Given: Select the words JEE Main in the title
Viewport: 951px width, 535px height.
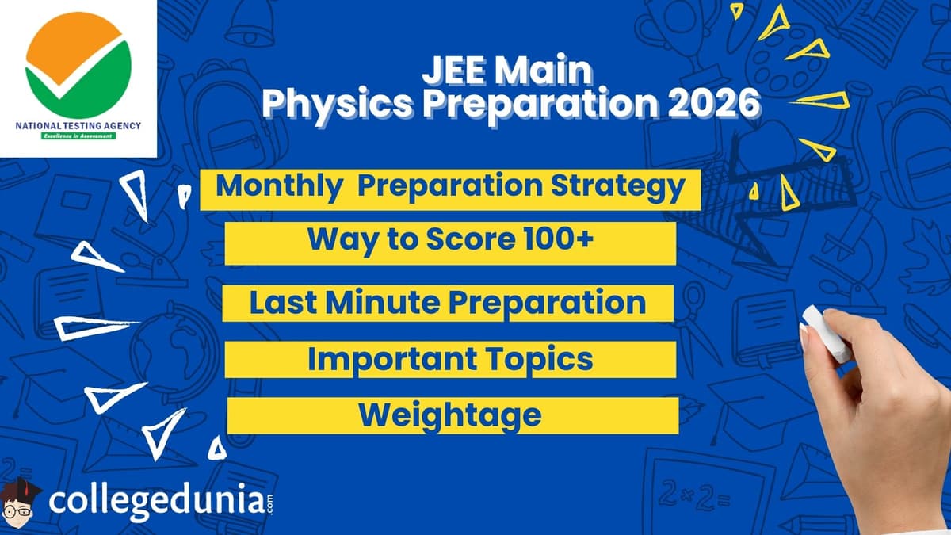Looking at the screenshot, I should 507,71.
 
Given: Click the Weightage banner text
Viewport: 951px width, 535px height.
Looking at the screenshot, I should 449,415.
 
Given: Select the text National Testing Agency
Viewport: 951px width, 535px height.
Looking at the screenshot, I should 78,125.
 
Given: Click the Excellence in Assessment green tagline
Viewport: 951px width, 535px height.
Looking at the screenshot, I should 78,136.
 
